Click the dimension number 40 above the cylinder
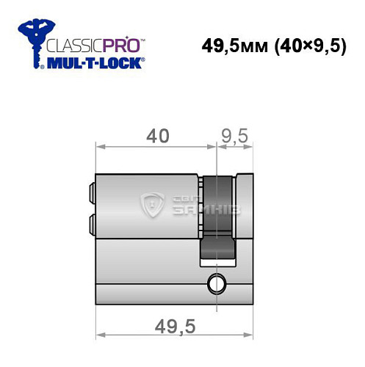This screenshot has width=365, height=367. (156, 136)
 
